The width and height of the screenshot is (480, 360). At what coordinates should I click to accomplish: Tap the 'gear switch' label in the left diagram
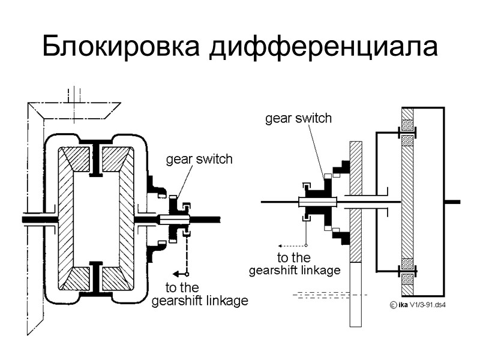(199, 160)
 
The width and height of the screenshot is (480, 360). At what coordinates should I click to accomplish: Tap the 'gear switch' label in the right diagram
(298, 118)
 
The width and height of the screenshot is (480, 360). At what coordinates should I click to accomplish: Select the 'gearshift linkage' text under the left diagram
(199, 301)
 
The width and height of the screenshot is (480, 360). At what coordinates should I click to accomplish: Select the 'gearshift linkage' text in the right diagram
(295, 270)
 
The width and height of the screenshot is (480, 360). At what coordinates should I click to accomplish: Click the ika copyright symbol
(393, 305)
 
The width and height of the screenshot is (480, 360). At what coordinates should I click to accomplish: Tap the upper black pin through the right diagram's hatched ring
(407, 133)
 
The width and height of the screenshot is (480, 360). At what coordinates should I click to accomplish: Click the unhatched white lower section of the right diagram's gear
(356, 294)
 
